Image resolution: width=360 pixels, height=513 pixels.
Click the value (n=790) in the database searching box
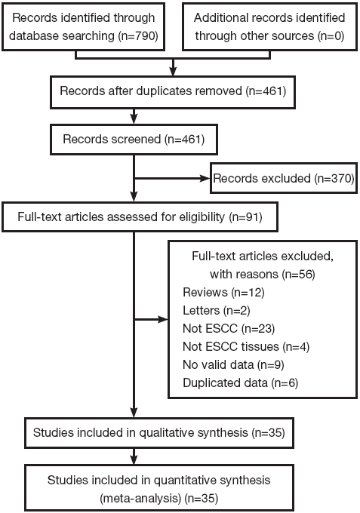138,35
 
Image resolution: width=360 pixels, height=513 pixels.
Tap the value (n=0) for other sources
331,35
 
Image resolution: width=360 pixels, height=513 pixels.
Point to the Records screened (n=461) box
134,140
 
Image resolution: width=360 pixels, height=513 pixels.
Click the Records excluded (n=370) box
284,178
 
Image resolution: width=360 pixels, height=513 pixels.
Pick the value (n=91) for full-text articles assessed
246,217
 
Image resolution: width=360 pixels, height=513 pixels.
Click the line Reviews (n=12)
223,292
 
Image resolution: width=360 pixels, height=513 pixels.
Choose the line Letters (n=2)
217,310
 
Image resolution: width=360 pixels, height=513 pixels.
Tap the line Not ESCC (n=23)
229,328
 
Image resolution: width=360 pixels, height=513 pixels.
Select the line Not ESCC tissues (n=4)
246,346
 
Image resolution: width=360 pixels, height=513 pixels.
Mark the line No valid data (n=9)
233,364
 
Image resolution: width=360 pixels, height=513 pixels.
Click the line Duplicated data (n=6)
241,382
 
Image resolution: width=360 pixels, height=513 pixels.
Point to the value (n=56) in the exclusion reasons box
298,274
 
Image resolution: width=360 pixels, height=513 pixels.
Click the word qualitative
166,433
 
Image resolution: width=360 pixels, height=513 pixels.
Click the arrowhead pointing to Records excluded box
205,178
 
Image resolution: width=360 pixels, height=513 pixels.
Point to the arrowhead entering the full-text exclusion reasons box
163,319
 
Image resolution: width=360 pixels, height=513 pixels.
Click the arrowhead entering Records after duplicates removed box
173,72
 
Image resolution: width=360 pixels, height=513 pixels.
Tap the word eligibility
202,217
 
